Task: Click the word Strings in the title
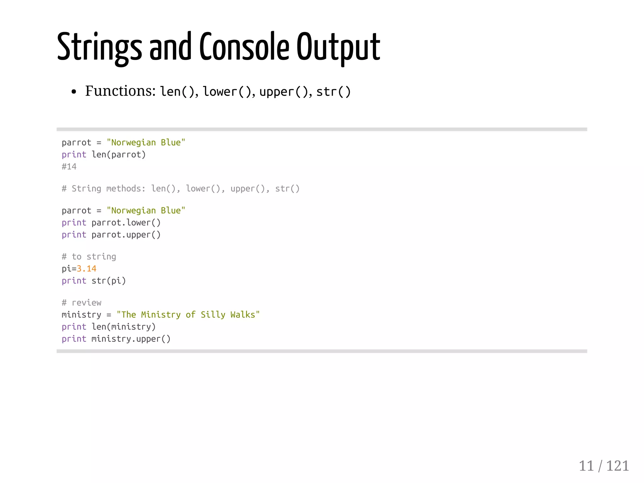tap(99, 47)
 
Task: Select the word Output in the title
tap(338, 47)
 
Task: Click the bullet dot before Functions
tap(74, 92)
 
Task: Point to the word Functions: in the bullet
tap(120, 91)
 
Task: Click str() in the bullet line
tap(333, 92)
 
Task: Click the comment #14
tap(69, 167)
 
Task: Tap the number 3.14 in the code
tap(86, 269)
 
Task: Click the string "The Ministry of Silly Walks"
tap(188, 315)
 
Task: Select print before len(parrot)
tap(74, 155)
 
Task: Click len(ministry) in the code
tap(124, 327)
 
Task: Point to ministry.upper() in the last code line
tap(131, 339)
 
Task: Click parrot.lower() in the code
tap(126, 223)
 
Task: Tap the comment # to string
tap(89, 257)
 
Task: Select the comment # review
tap(82, 303)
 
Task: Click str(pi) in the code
tap(108, 281)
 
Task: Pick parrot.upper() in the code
tap(126, 235)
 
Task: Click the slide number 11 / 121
tap(604, 466)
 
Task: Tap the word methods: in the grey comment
tap(126, 189)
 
